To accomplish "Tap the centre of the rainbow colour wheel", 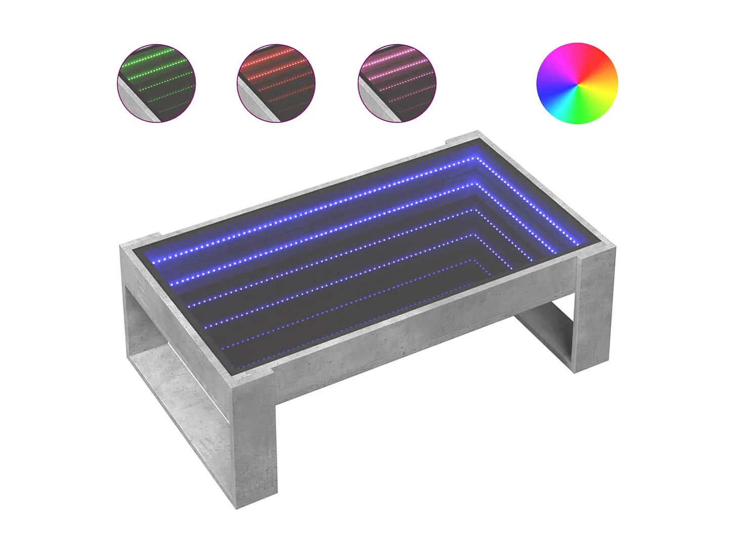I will click(x=577, y=83).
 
